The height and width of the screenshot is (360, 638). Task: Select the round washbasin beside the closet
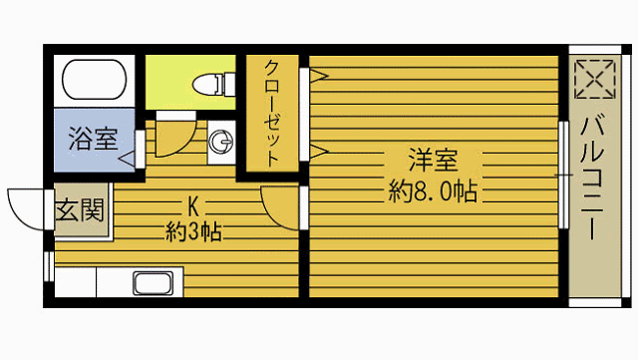coord(220,143)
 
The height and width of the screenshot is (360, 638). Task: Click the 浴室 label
coord(93,139)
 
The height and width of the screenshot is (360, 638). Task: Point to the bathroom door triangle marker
coord(128,158)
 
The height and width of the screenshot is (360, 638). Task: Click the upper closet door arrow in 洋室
coord(316,74)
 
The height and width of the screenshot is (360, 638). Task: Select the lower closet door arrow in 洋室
coord(317,152)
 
